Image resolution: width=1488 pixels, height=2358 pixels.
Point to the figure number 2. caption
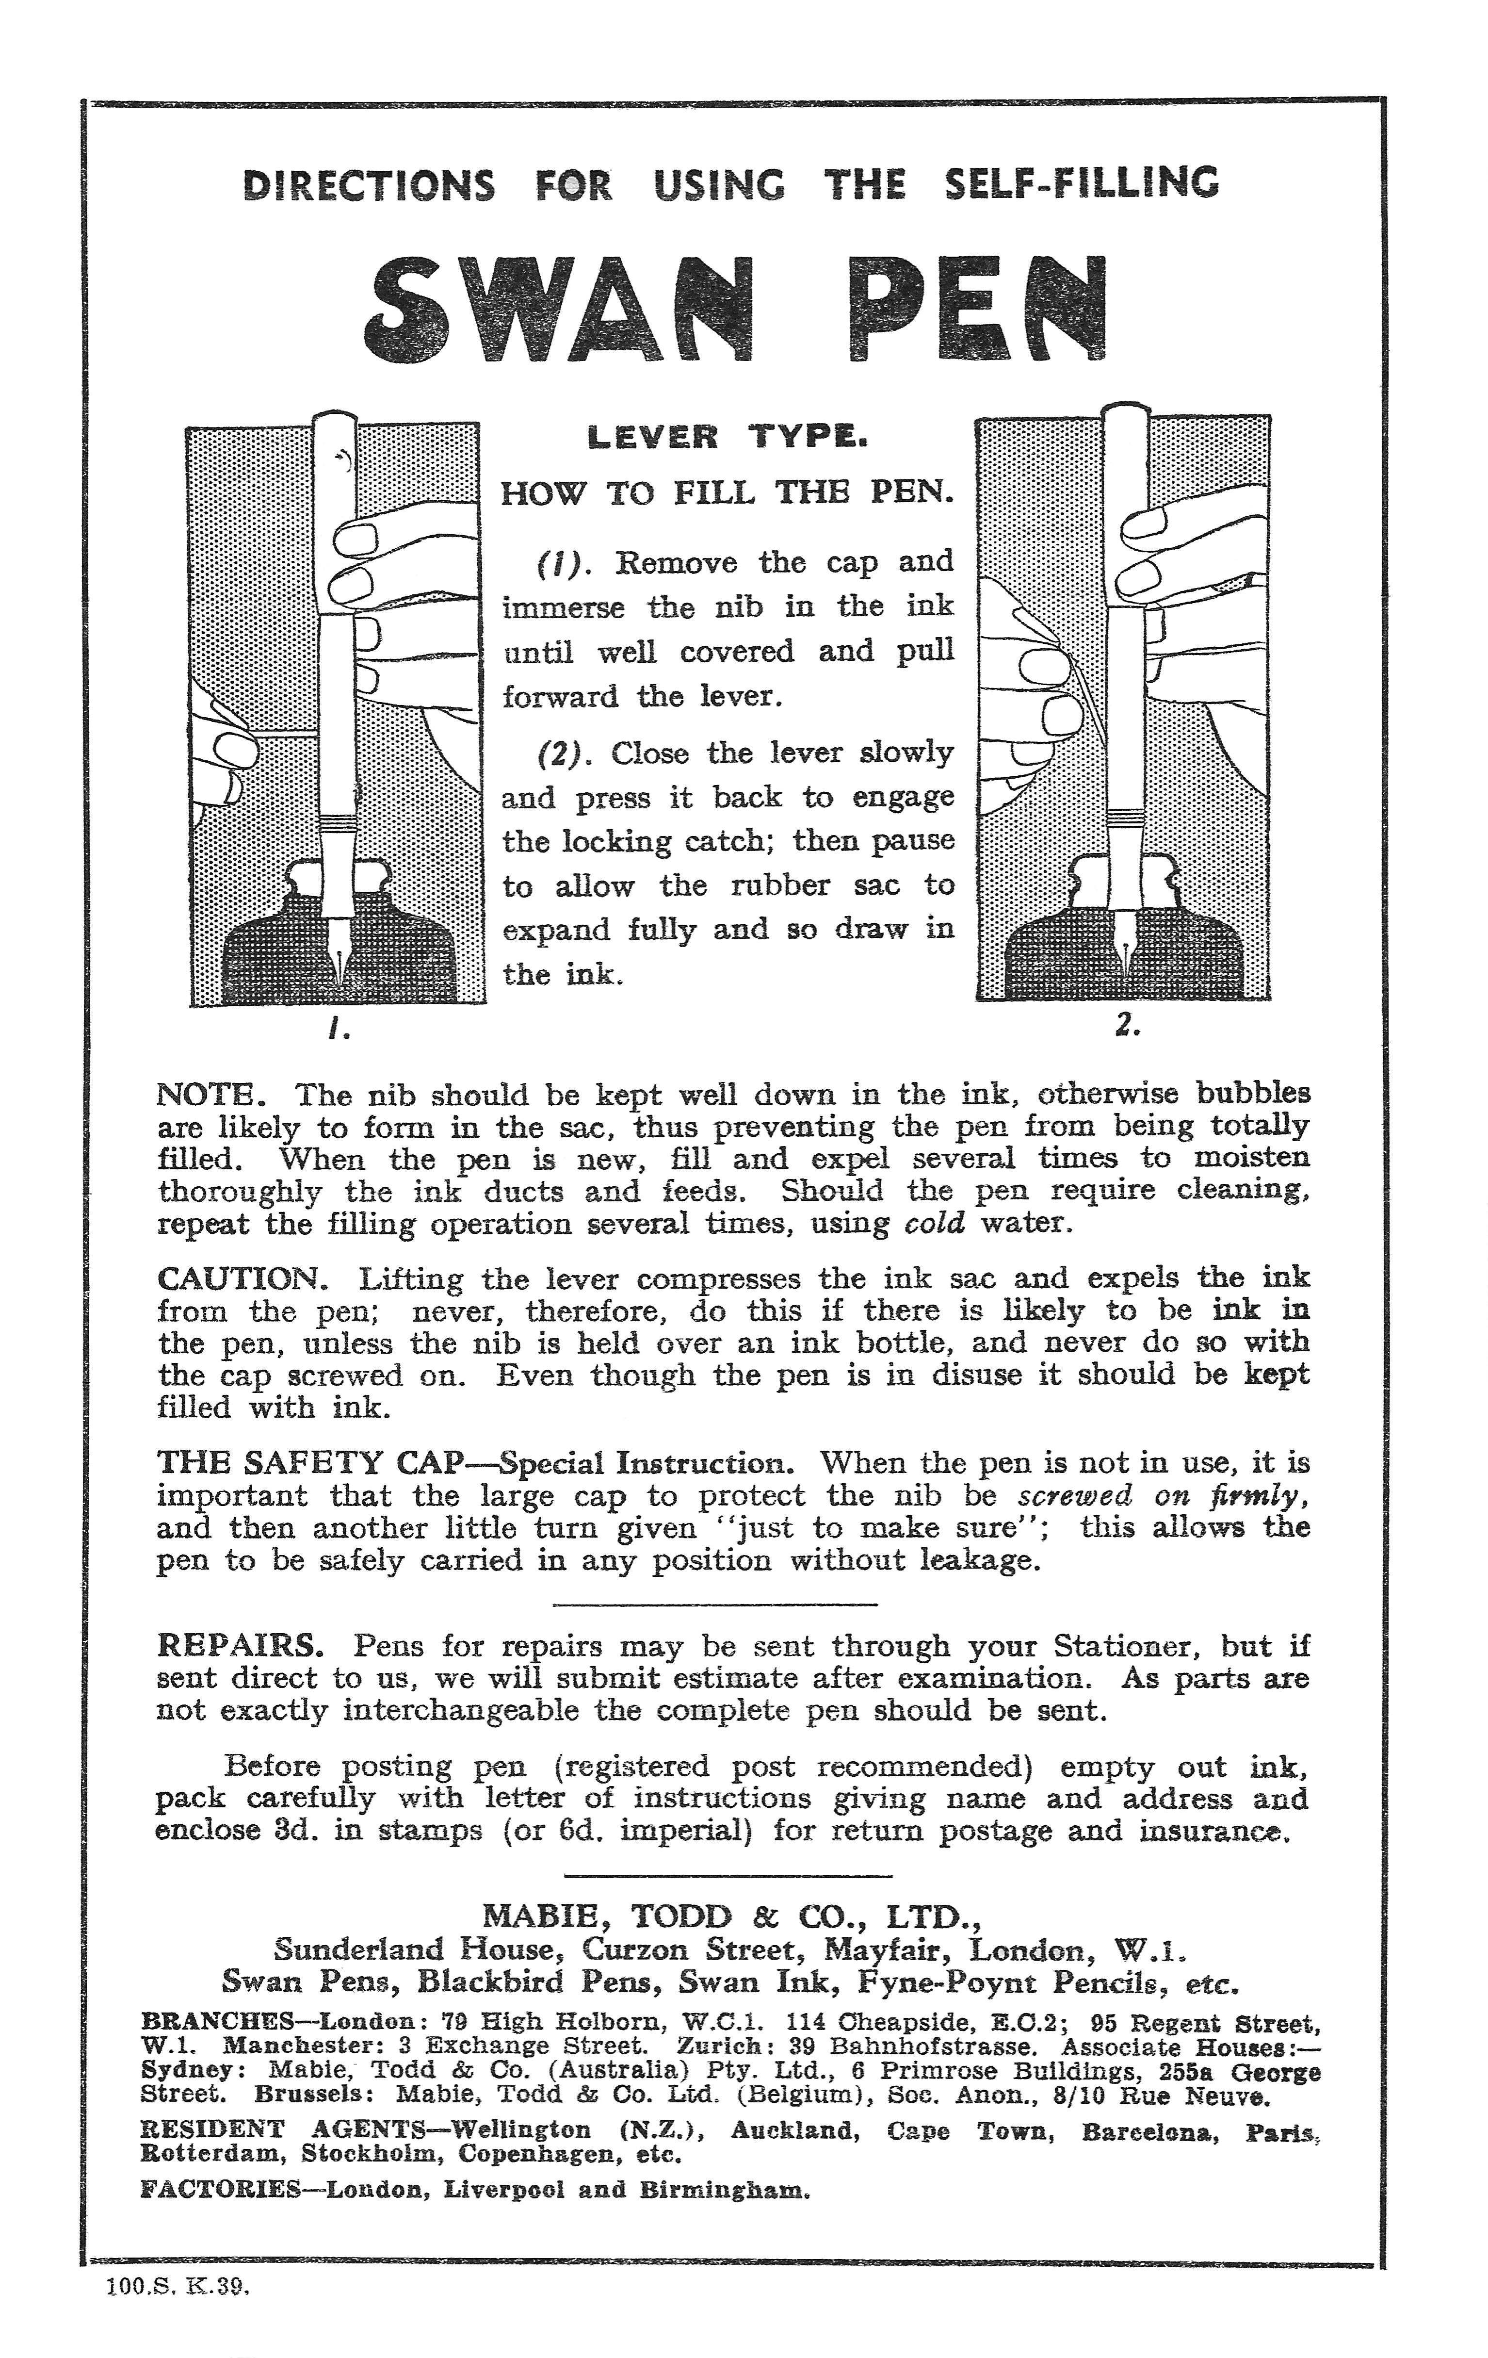pyautogui.click(x=1126, y=1025)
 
